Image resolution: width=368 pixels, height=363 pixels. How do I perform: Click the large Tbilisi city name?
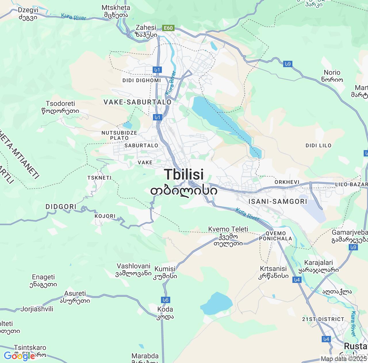(x=184, y=175)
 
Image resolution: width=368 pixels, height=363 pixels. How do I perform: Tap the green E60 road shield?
(x=168, y=28)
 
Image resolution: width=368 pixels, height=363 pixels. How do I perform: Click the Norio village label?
(x=332, y=73)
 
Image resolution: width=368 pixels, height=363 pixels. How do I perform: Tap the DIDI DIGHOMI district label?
(x=142, y=80)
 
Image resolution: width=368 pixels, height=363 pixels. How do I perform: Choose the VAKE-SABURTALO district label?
(x=137, y=102)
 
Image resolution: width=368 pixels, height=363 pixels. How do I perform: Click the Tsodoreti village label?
(x=60, y=104)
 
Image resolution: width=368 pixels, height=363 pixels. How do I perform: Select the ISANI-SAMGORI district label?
(x=278, y=201)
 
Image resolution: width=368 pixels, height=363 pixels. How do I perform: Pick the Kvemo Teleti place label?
(x=228, y=229)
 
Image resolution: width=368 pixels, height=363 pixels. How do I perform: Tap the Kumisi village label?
(x=165, y=269)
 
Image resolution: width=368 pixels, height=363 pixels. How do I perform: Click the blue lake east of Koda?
(x=216, y=303)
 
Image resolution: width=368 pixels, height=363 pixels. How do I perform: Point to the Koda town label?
(x=165, y=309)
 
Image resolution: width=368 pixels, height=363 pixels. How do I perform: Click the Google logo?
(x=19, y=356)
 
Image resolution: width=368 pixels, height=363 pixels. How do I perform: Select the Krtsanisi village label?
(x=273, y=269)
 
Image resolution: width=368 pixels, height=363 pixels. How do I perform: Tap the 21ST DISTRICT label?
(x=323, y=319)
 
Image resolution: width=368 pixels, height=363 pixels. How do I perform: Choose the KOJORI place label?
(x=105, y=216)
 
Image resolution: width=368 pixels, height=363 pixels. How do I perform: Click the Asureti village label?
(x=75, y=294)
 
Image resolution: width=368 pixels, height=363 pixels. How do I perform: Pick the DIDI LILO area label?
(x=318, y=145)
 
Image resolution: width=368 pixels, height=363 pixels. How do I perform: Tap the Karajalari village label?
(x=319, y=263)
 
